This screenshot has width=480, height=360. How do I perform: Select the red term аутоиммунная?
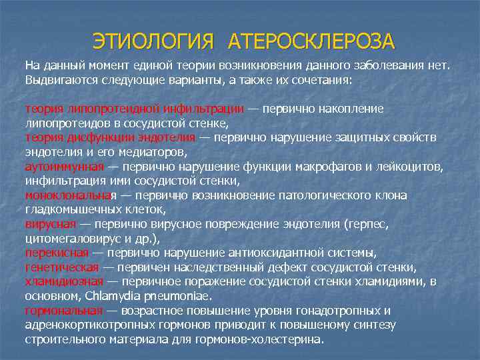point(64,167)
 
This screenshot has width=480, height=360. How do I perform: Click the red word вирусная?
point(51,224)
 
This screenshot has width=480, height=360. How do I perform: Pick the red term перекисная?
point(57,253)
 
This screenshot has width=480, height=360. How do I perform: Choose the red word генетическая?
point(63,267)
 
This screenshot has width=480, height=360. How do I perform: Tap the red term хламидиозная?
point(64,281)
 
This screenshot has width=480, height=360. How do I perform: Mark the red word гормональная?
point(64,310)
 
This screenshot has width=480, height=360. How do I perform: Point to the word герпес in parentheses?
point(365,224)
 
